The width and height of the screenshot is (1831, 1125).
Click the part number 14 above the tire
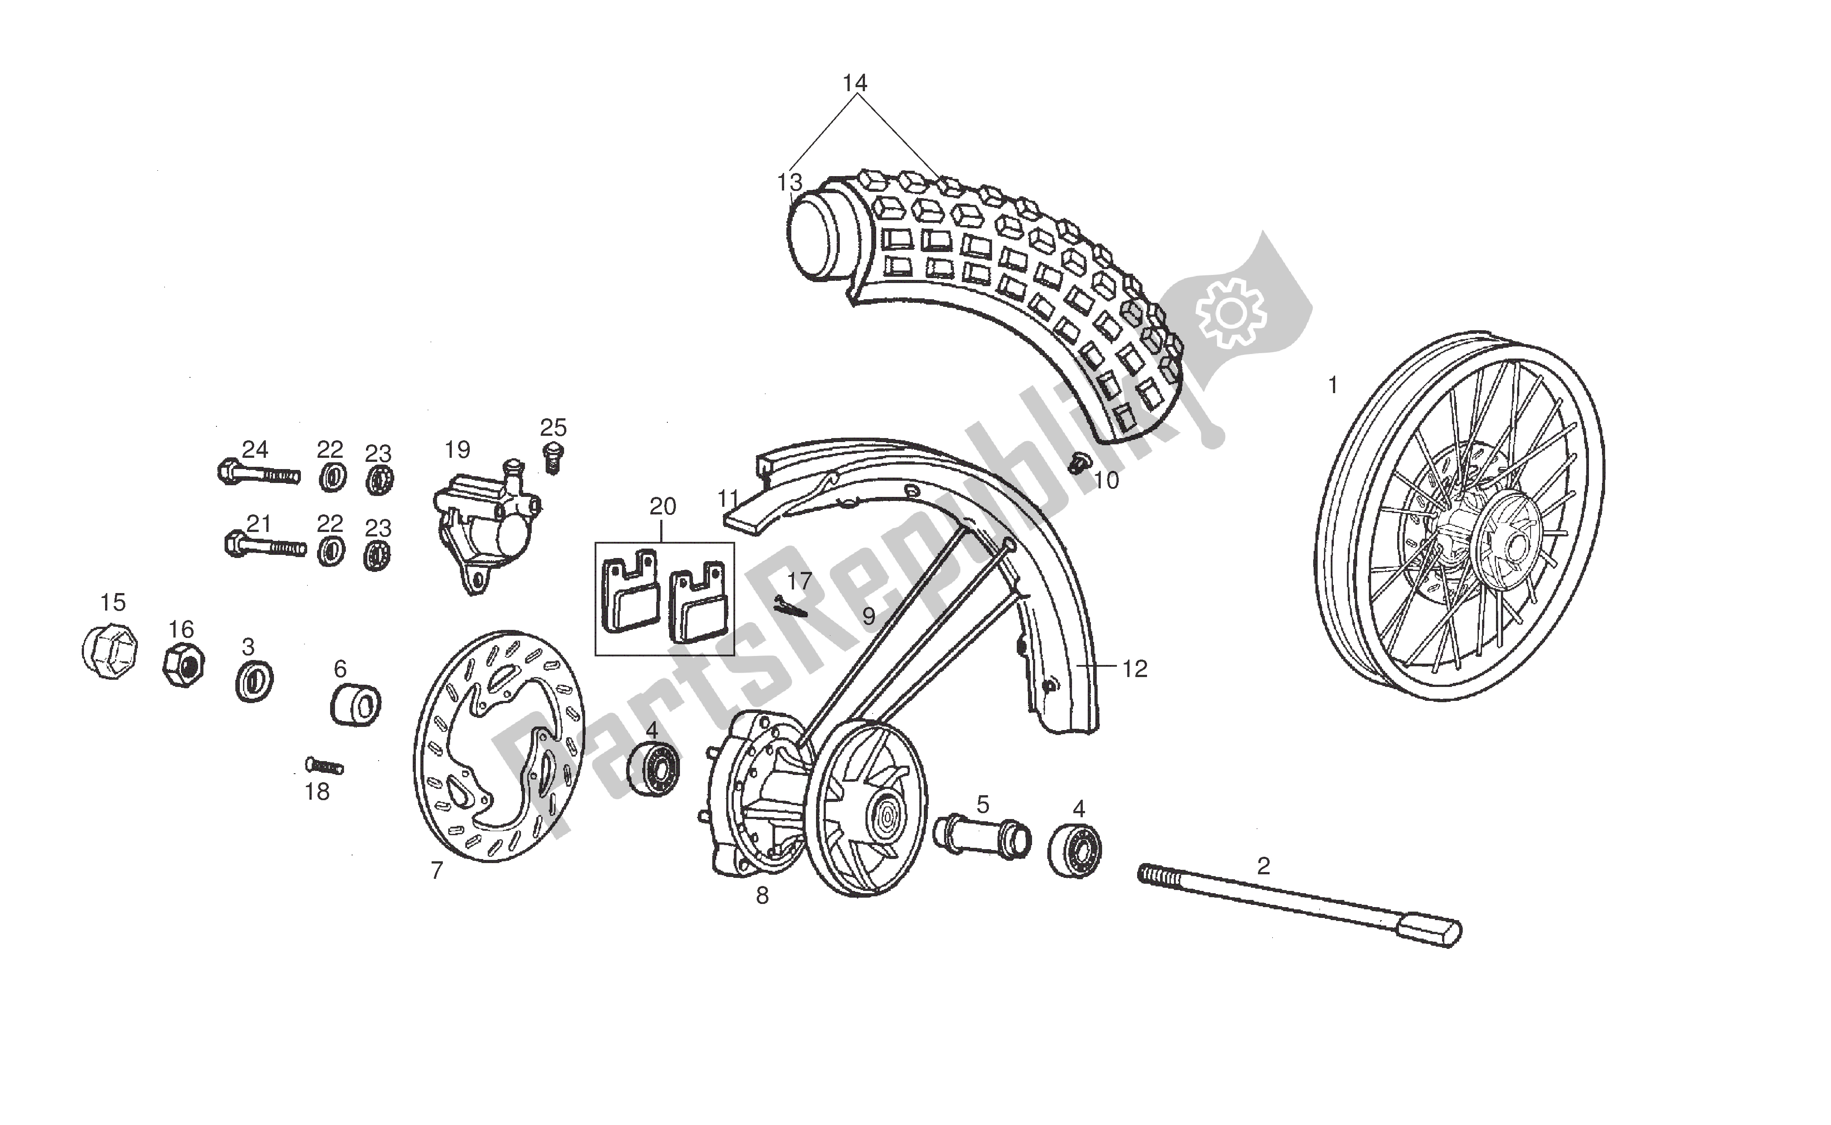click(x=855, y=83)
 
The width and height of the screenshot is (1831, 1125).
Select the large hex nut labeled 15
click(x=109, y=651)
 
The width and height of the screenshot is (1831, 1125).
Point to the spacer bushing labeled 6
click(x=356, y=705)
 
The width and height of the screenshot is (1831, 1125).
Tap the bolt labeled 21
click(x=265, y=546)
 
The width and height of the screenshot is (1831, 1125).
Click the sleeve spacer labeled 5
click(x=982, y=838)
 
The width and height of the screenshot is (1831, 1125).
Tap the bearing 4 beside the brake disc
click(x=652, y=768)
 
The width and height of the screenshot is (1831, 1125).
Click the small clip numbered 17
click(x=790, y=607)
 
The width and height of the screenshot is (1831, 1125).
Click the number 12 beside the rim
click(x=1134, y=669)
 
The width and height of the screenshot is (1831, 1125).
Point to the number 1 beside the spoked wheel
click(x=1332, y=385)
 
